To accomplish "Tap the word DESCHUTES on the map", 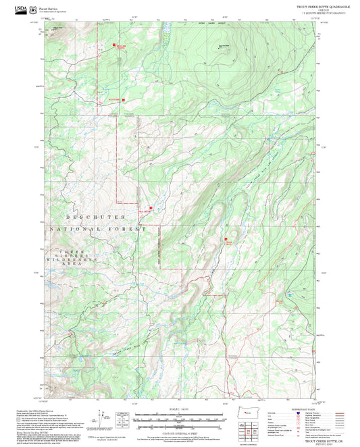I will pyautogui.click(x=95, y=217).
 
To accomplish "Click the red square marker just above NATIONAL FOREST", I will pyautogui.click(x=150, y=208).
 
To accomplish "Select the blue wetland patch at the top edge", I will pyautogui.click(x=165, y=30).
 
